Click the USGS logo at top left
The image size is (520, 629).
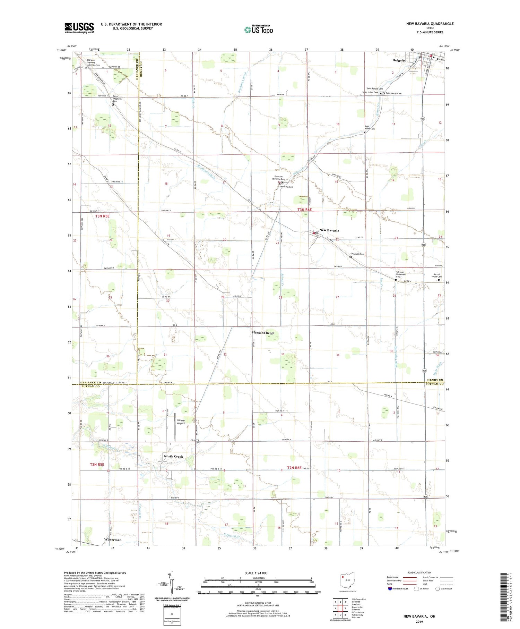[79, 28]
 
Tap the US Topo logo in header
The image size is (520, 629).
[258, 29]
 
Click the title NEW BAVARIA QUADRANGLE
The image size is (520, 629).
[430, 24]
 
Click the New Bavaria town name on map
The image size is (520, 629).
[329, 230]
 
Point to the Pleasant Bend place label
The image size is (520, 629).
[262, 333]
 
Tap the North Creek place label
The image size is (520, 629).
[173, 457]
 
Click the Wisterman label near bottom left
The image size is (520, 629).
[113, 540]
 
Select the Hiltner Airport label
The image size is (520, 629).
[181, 422]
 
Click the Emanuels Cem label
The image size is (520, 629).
[357, 254]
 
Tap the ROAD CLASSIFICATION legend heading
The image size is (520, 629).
[419, 572]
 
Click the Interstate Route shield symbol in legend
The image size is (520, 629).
[390, 588]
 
